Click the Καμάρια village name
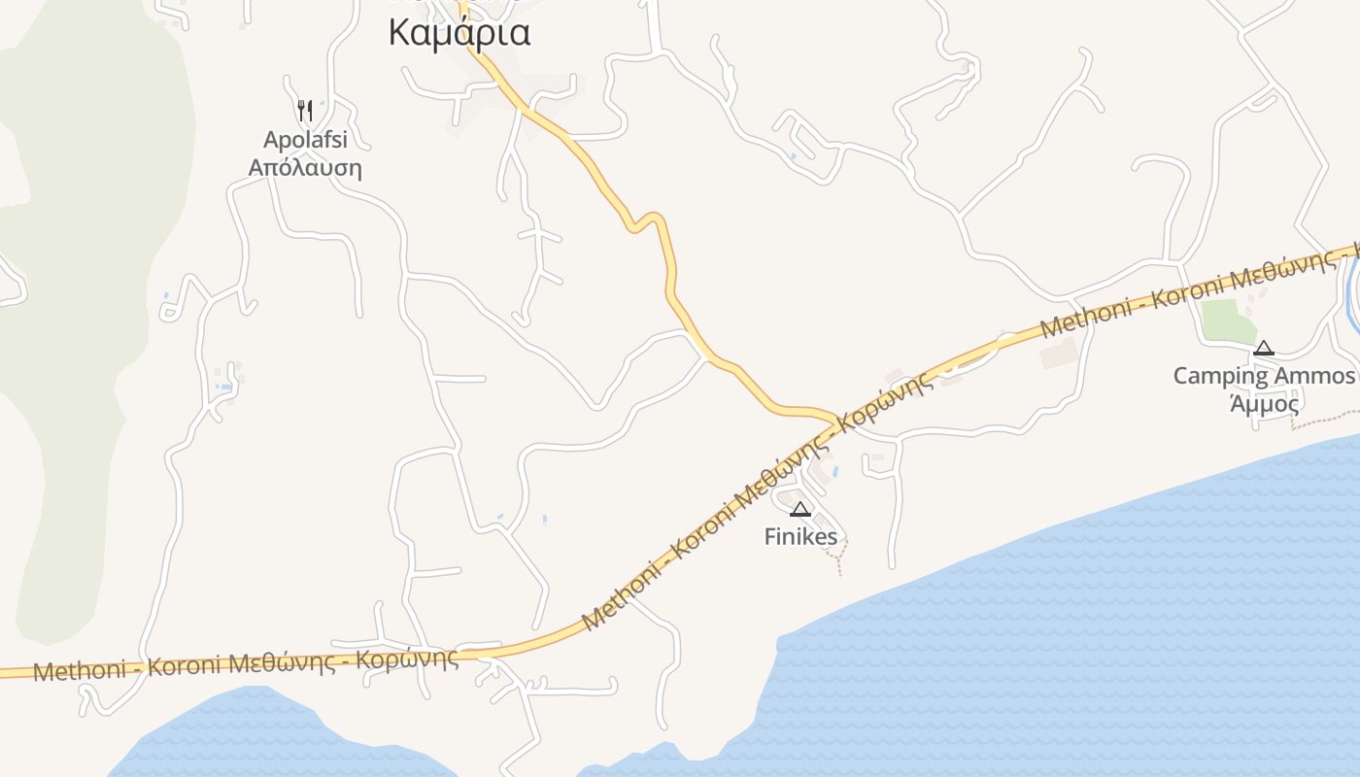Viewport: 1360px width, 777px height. [459, 32]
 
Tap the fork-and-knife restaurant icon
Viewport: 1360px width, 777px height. [305, 110]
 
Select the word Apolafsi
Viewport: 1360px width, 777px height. [305, 140]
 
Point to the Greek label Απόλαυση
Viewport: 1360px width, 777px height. [305, 168]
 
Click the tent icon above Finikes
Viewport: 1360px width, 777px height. [799, 509]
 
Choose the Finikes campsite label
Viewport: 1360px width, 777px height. [800, 536]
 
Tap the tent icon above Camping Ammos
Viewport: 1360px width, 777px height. [1263, 348]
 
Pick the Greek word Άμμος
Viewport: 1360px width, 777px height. [1265, 404]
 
